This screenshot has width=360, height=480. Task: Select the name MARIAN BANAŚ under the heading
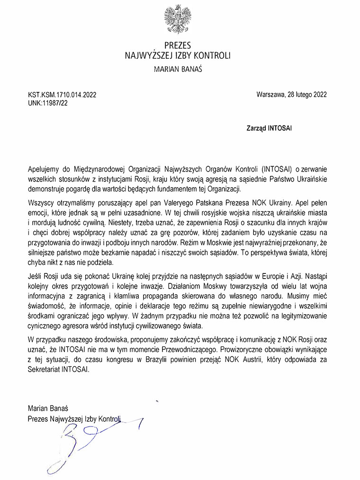click(x=179, y=70)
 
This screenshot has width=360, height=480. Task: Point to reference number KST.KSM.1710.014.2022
click(x=62, y=95)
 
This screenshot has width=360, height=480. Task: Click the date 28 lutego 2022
click(x=306, y=94)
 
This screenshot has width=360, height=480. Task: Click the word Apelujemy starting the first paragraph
click(x=45, y=168)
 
